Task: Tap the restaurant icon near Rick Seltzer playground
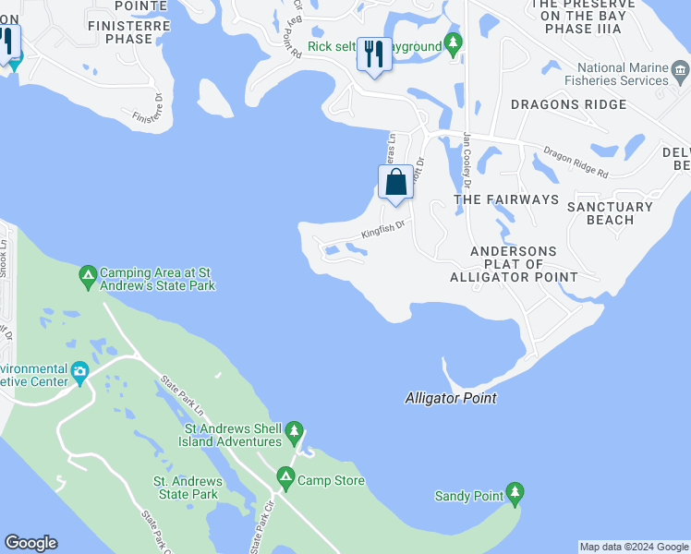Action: pos(374,54)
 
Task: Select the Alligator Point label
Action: pos(451,398)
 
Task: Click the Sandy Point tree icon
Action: pos(515,495)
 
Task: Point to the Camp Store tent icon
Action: pos(285,479)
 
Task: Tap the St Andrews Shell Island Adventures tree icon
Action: pos(294,430)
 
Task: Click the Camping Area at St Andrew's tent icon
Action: pos(88,274)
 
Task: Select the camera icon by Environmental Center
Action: pos(80,373)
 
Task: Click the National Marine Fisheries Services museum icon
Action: pos(680,70)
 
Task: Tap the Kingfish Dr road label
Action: pos(383,228)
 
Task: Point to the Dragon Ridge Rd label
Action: pos(576,163)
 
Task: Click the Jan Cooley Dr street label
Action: pos(468,154)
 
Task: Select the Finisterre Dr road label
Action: pos(147,107)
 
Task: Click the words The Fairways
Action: pos(506,199)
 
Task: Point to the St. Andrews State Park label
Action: pos(187,488)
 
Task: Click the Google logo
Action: pos(30,543)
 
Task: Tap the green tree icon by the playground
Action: pos(453,42)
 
